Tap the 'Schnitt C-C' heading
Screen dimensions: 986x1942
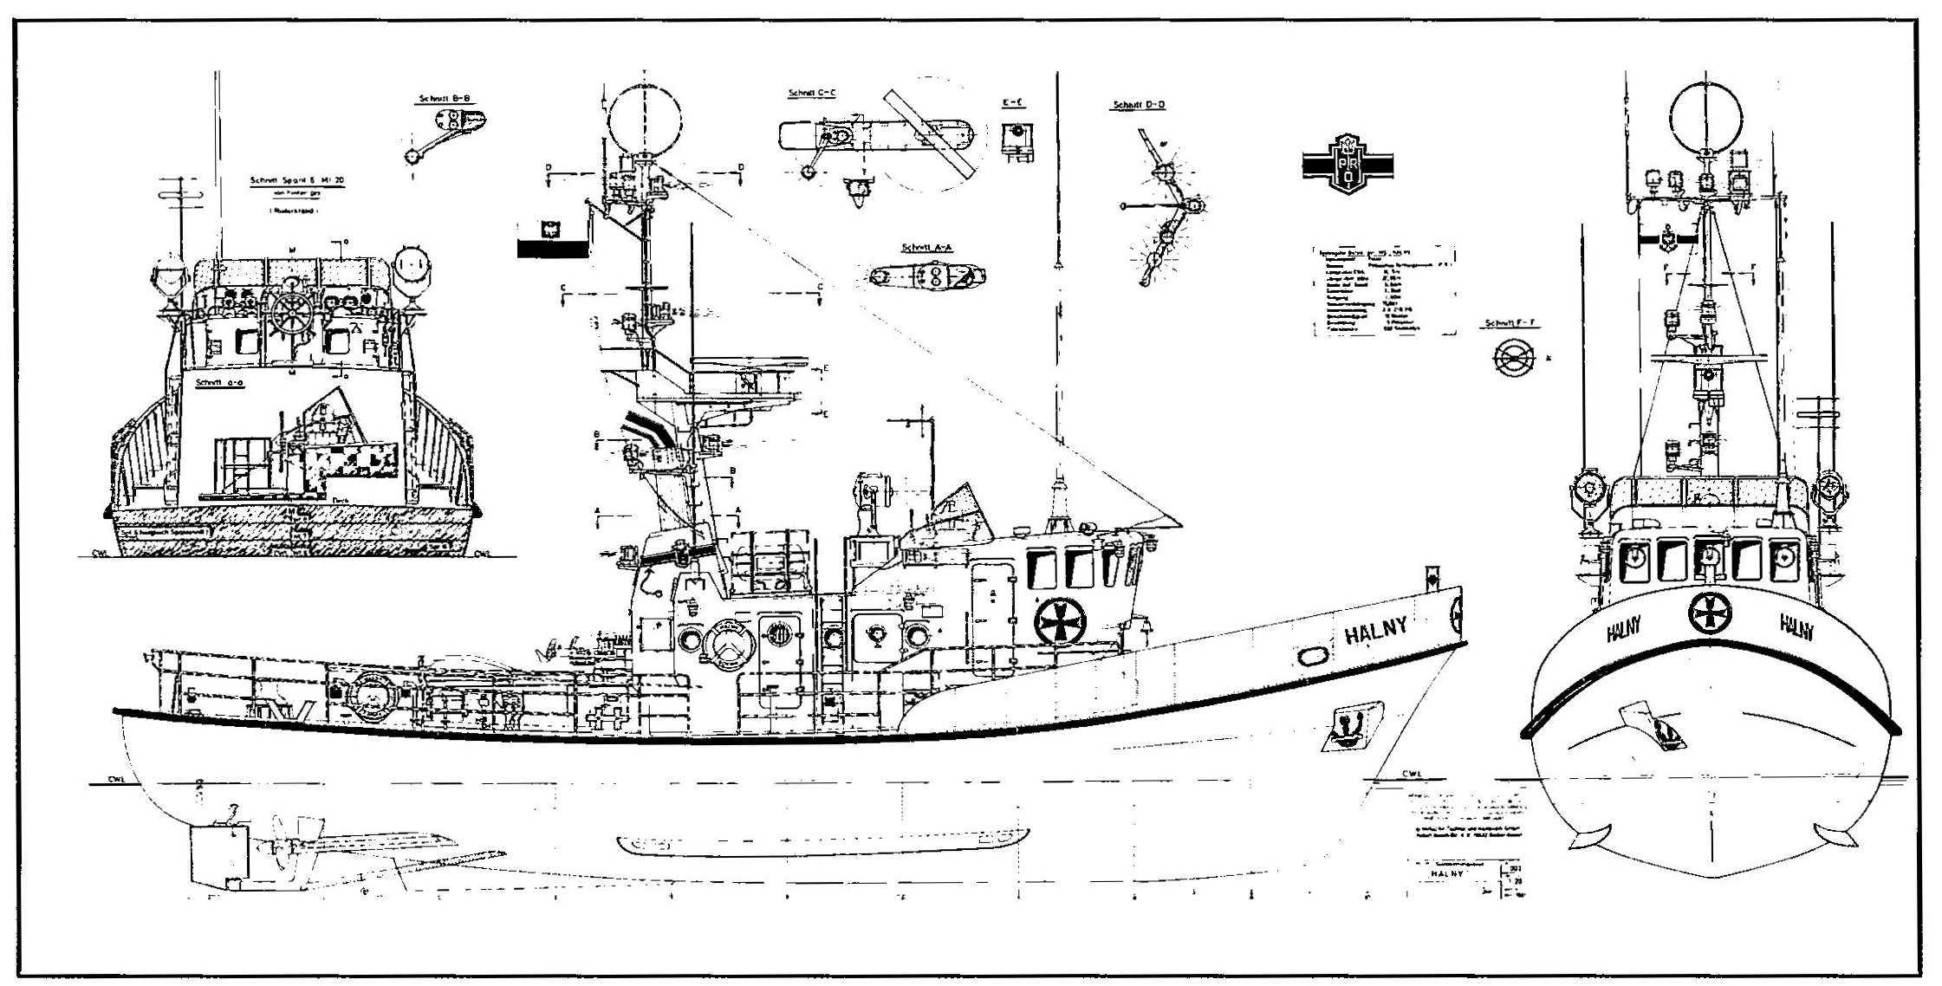(x=812, y=93)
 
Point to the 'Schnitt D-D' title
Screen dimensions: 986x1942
(x=1139, y=106)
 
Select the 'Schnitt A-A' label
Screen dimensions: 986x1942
(x=926, y=247)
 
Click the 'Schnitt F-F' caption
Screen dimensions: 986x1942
(x=1510, y=323)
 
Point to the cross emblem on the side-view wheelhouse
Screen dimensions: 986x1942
(x=1059, y=621)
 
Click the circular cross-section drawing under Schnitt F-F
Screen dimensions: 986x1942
(x=1513, y=357)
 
